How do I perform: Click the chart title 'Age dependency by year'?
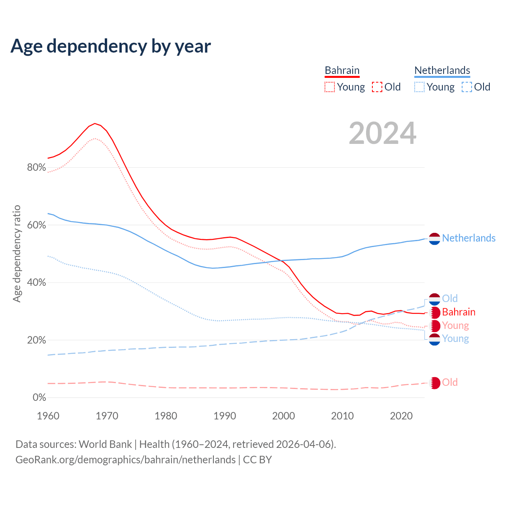[x=111, y=46]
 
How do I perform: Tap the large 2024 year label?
[x=382, y=133]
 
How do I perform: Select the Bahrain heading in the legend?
[x=342, y=70]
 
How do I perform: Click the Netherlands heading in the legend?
[x=442, y=70]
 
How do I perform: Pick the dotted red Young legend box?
[x=330, y=87]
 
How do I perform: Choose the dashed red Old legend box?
[x=377, y=87]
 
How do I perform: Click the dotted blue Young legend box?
[x=419, y=87]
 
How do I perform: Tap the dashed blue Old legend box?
[x=467, y=87]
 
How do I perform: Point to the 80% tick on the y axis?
[x=36, y=168]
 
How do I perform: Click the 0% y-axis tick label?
[x=39, y=398]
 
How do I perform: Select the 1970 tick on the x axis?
[x=107, y=416]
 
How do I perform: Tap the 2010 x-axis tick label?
[x=342, y=416]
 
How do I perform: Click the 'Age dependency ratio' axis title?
[x=17, y=253]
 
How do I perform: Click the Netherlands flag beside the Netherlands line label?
[x=434, y=239]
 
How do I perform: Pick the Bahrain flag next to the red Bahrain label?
[x=434, y=313]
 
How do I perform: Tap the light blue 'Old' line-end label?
[x=450, y=298]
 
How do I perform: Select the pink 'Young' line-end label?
[x=455, y=325]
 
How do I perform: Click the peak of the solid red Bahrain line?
[x=94, y=123]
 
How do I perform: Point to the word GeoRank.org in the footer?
[x=42, y=460]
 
